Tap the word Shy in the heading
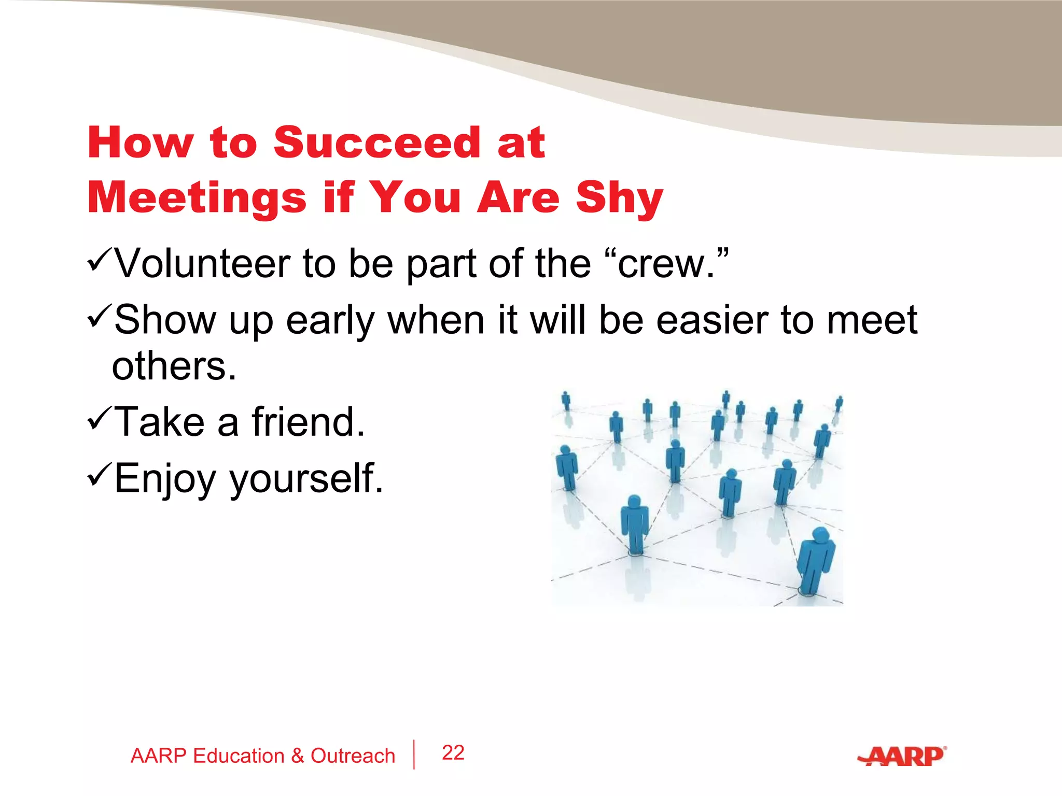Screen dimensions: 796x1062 (x=619, y=198)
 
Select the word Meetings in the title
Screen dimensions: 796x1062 (x=197, y=198)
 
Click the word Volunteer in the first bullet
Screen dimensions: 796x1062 (x=203, y=264)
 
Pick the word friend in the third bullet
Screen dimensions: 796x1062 (x=309, y=422)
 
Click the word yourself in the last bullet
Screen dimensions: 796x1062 (x=306, y=478)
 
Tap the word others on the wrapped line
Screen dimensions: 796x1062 (x=174, y=366)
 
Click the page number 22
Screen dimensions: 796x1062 (x=453, y=752)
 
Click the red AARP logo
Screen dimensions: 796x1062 (x=902, y=756)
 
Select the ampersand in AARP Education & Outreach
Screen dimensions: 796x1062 (x=297, y=756)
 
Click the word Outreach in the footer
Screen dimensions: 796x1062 (x=353, y=756)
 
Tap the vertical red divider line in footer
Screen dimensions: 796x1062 (x=414, y=755)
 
